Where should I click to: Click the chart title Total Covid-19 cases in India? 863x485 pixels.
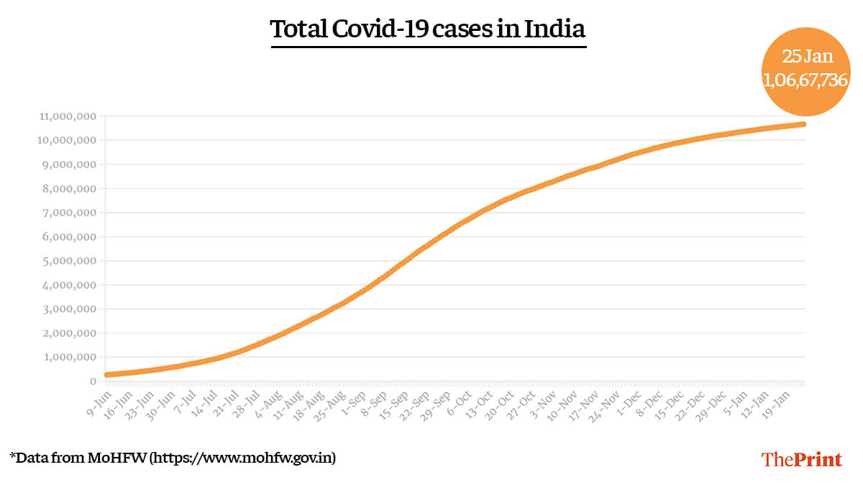(428, 30)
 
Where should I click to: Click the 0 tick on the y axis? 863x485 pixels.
(93, 381)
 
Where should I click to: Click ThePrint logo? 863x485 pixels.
(801, 459)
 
